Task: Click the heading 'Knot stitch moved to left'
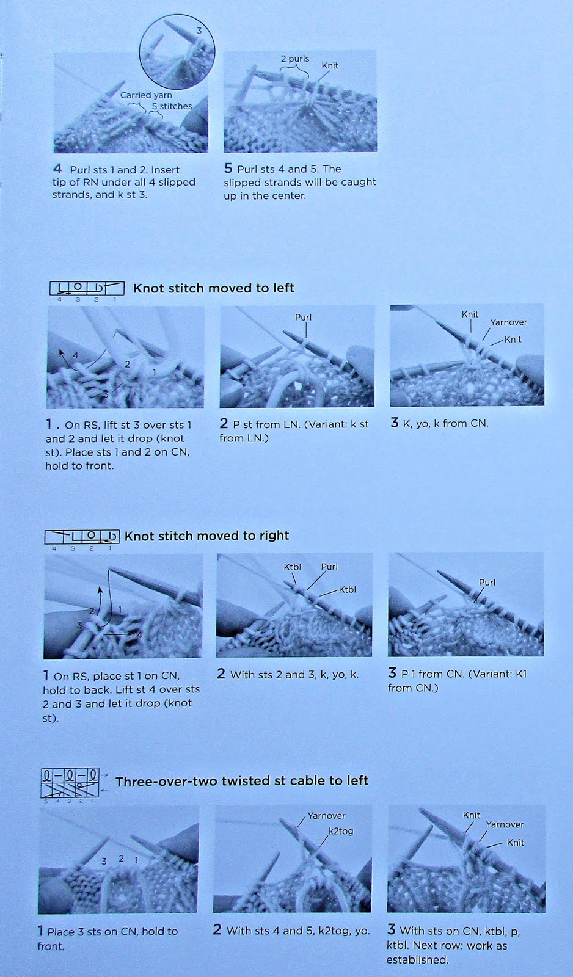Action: point(213,288)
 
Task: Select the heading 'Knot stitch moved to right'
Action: point(206,536)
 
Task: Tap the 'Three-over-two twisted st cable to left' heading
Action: point(242,781)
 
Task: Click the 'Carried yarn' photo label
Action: point(146,95)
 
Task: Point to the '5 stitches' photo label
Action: point(172,106)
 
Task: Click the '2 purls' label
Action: point(295,59)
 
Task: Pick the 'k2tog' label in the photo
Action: point(341,831)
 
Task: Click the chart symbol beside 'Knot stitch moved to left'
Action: point(87,289)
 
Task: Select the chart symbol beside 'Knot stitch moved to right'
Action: point(82,537)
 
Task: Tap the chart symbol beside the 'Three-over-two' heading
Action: point(70,784)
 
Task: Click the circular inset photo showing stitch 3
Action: point(177,53)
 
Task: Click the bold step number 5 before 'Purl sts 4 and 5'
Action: point(228,169)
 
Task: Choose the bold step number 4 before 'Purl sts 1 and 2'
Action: point(57,169)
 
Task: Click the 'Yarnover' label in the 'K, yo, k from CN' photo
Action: point(508,322)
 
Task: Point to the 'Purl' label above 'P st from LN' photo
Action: point(304,317)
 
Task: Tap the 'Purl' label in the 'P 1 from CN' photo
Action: point(487,583)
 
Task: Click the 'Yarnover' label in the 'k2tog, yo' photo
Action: point(326,816)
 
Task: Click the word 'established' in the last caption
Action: point(417,960)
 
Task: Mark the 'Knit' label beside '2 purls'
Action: point(330,65)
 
